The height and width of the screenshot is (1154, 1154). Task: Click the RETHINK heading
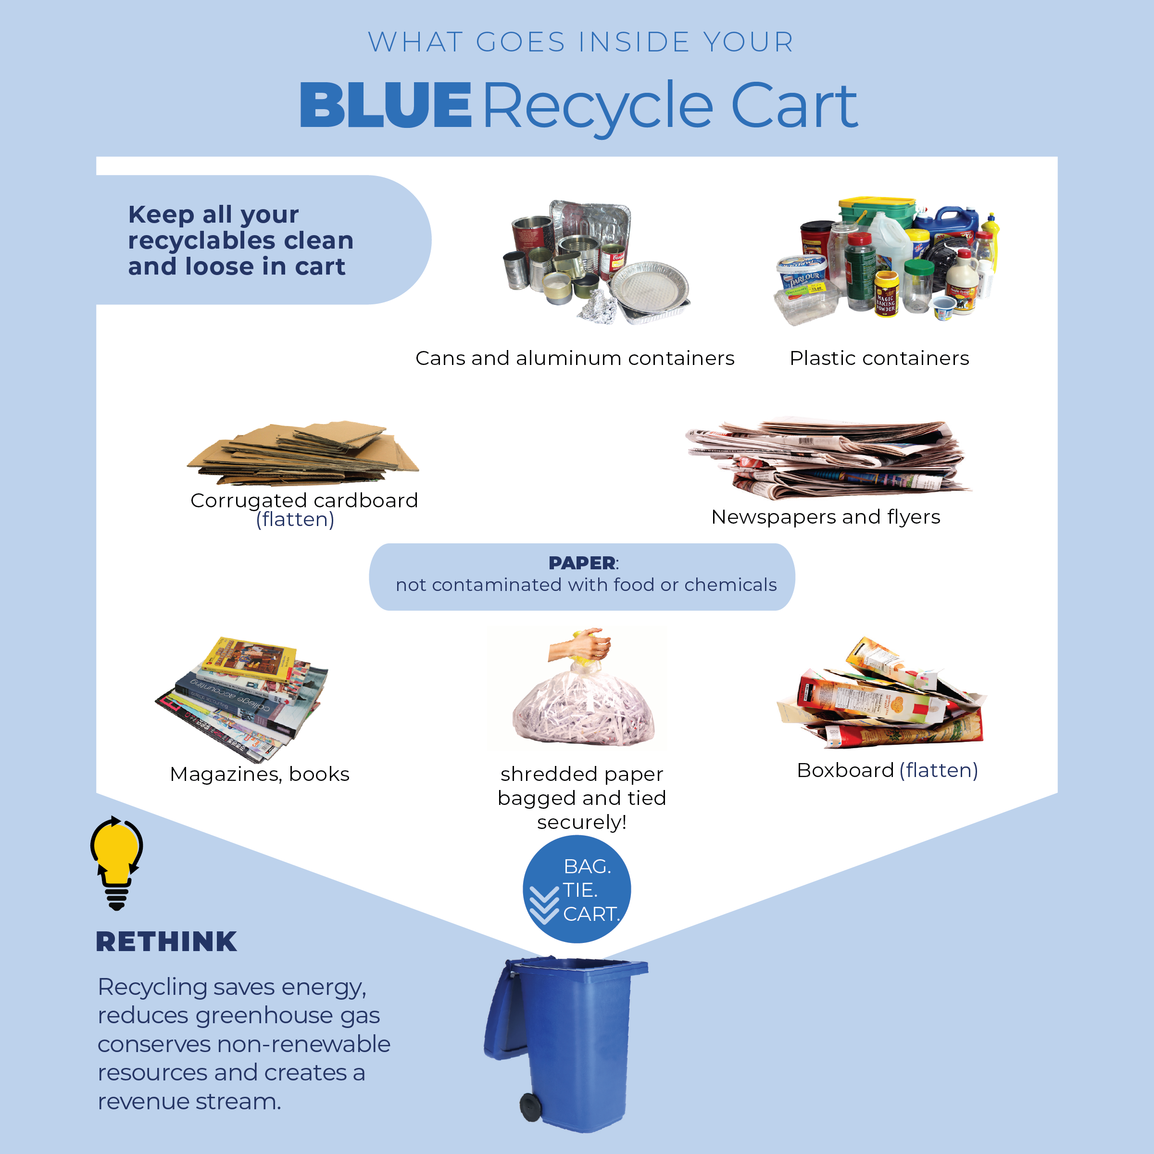(x=166, y=942)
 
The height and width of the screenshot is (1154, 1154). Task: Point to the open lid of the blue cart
(x=502, y=1009)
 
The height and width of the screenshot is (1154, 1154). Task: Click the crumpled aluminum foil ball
(x=597, y=309)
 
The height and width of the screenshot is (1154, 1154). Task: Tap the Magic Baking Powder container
(x=886, y=294)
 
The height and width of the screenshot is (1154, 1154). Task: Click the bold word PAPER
(x=582, y=563)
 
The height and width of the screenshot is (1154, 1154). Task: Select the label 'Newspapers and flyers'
(x=826, y=517)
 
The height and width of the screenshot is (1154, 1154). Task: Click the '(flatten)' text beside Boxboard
(x=939, y=770)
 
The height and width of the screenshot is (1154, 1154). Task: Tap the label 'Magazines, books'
(x=260, y=774)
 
